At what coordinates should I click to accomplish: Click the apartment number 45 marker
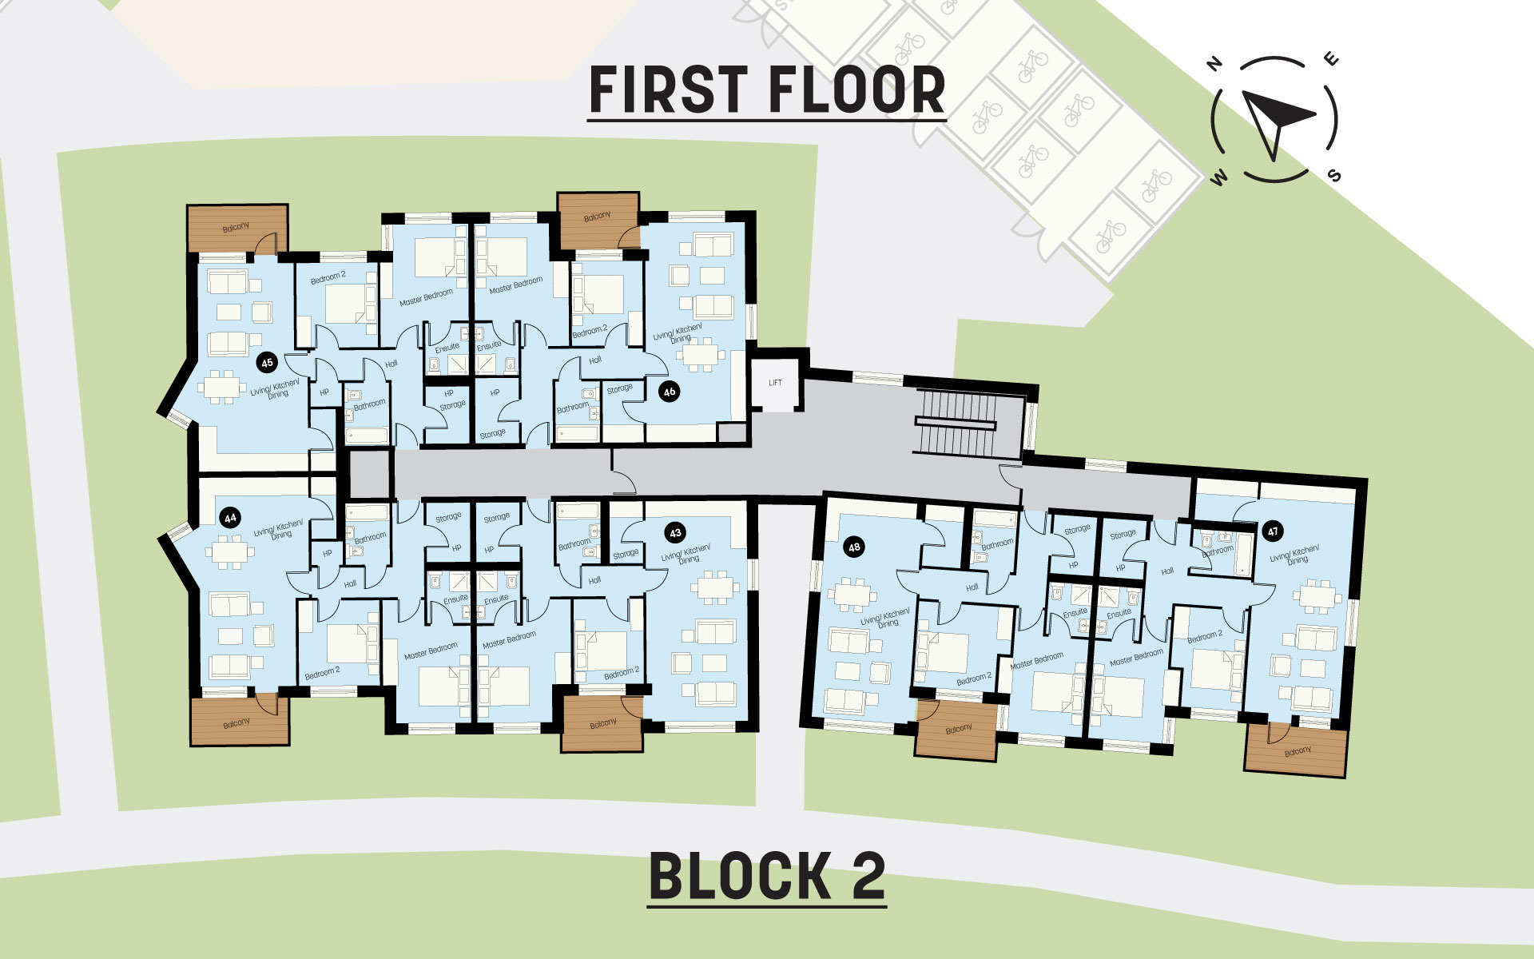(x=267, y=363)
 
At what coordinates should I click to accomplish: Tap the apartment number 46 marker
(x=670, y=392)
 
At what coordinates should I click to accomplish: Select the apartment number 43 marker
(x=676, y=533)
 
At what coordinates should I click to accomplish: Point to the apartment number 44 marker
(x=230, y=518)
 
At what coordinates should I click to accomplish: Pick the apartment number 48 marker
(x=854, y=547)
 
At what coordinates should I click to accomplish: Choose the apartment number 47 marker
(x=1273, y=531)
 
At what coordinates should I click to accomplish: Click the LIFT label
(x=775, y=383)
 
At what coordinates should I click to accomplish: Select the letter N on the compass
(x=1215, y=64)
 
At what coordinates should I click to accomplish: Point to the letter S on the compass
(x=1334, y=176)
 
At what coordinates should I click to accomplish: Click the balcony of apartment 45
(x=237, y=229)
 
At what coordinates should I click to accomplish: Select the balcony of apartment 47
(x=1297, y=751)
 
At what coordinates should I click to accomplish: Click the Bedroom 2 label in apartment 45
(x=328, y=277)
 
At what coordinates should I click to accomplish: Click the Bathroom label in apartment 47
(x=1218, y=551)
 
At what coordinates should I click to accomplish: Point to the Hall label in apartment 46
(x=595, y=360)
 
